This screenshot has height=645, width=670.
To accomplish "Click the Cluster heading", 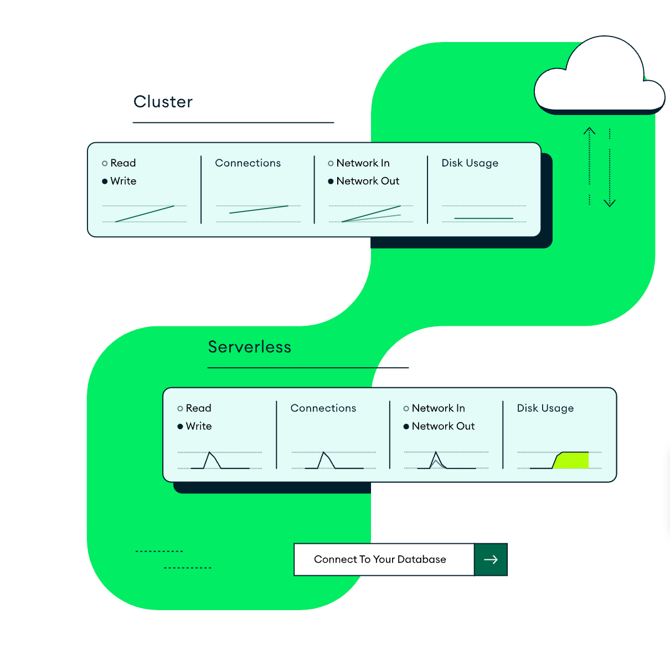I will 163,102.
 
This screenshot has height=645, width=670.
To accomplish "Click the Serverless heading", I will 249,347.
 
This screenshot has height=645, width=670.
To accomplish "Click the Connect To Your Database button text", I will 380,559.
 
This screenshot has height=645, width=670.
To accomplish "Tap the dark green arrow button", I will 491,559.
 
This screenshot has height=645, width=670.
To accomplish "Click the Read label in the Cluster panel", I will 123,163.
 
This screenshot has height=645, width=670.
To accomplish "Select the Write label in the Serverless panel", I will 199,426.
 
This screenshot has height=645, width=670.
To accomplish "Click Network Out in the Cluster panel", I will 368,181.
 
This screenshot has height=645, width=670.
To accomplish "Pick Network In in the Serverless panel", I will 438,408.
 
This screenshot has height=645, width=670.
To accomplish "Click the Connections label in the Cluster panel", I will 248,163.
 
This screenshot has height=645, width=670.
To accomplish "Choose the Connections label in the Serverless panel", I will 323,408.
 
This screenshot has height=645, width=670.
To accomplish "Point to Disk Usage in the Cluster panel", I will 470,163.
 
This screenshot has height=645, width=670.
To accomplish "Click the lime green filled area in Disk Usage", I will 573,461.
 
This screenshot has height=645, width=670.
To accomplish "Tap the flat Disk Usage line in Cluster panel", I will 483,219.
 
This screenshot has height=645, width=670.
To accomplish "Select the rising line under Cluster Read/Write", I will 145,214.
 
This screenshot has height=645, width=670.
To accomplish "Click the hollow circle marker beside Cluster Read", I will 105,163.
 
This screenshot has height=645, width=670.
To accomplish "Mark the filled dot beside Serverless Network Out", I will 406,426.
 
